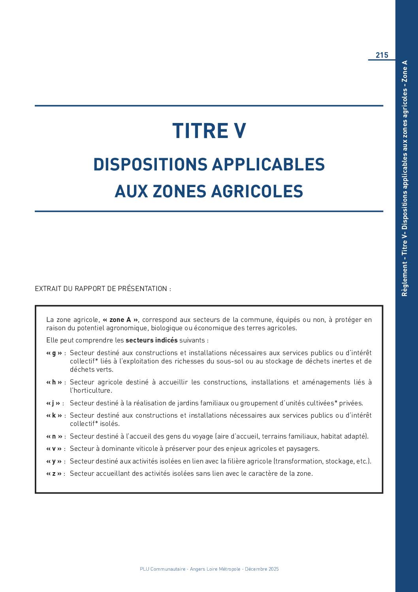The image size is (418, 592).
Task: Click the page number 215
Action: pyautogui.click(x=382, y=55)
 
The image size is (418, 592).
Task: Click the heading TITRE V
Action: pyautogui.click(x=209, y=131)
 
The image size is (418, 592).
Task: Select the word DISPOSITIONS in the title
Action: pyautogui.click(x=150, y=165)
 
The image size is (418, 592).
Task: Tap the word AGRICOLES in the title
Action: pyautogui.click(x=257, y=191)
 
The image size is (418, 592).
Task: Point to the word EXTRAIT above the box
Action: pyautogui.click(x=48, y=289)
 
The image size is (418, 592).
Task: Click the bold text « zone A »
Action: pyautogui.click(x=121, y=320)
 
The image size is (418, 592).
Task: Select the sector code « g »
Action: pyautogui.click(x=54, y=353)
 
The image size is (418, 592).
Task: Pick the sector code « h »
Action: pyautogui.click(x=54, y=382)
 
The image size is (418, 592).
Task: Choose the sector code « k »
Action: pyautogui.click(x=54, y=415)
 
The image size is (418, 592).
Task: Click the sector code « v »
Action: pyautogui.click(x=54, y=448)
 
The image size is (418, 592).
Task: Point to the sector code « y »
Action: pyautogui.click(x=54, y=461)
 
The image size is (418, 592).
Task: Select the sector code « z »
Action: pyautogui.click(x=54, y=473)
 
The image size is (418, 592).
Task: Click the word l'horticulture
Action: pyautogui.click(x=91, y=390)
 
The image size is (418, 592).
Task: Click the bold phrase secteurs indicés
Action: pyautogui.click(x=151, y=340)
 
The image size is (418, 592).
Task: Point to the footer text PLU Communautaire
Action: pyautogui.click(x=163, y=569)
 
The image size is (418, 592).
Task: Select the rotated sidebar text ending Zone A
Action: pyautogui.click(x=405, y=178)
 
